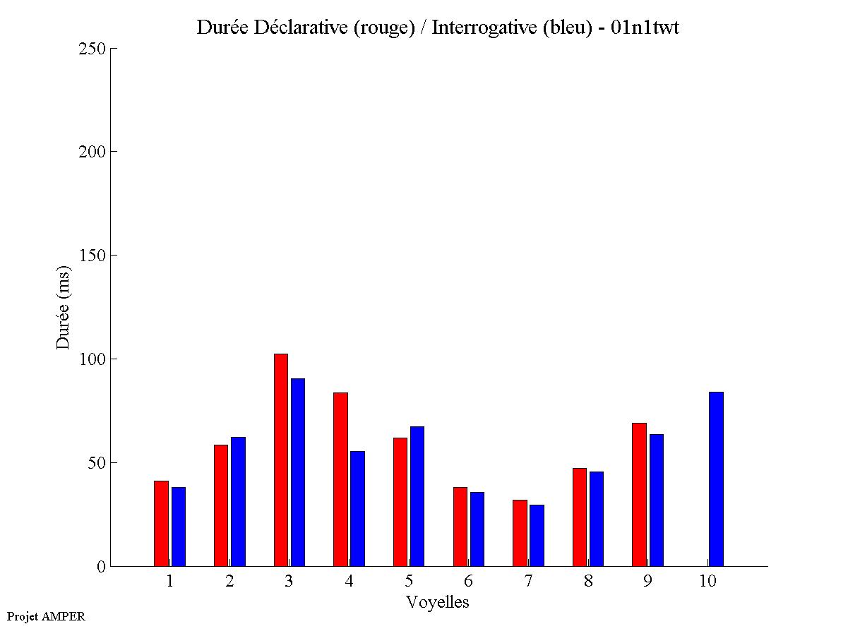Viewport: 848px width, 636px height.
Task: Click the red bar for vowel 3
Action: pos(280,460)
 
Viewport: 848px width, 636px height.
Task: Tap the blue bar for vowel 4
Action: pos(357,508)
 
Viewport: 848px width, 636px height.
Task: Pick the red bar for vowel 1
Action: pos(161,523)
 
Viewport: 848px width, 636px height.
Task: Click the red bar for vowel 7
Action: pos(520,533)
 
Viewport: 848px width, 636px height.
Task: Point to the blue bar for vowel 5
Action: pos(417,496)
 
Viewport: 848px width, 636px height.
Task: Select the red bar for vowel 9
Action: pos(639,494)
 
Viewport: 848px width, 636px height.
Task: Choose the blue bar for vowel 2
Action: pos(238,501)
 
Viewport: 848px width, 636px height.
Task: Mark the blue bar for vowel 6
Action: pos(477,529)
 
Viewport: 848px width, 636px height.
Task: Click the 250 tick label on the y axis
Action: pos(92,49)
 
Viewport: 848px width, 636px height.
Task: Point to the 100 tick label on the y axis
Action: pos(92,359)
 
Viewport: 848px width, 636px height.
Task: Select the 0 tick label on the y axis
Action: pos(100,567)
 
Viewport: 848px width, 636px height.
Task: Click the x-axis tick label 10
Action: pos(707,582)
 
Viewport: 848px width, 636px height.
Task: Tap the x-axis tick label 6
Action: pos(468,582)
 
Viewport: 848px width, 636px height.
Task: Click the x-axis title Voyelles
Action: pos(437,602)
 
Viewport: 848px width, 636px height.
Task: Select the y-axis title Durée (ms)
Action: pos(64,307)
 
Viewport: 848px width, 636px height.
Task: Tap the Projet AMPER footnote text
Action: pos(46,616)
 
